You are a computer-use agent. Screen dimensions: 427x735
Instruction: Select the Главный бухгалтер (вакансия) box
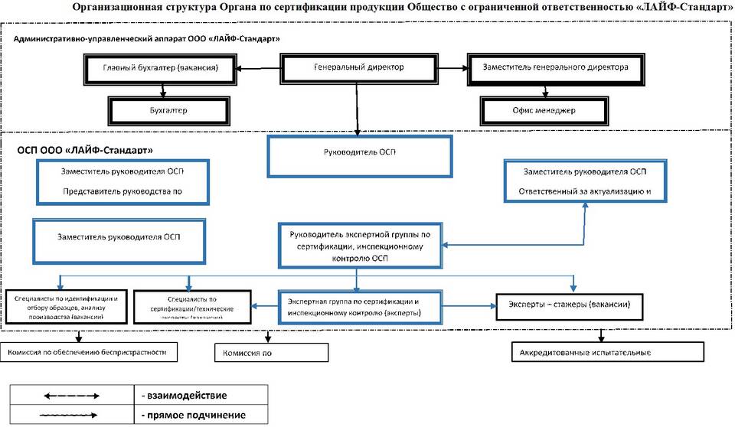(161, 68)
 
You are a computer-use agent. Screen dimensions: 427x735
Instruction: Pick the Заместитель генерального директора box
(555, 68)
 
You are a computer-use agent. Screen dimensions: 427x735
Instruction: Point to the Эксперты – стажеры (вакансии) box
(570, 305)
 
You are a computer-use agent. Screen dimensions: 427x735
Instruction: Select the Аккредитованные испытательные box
(606, 353)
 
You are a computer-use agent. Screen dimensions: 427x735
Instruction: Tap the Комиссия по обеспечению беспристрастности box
(88, 352)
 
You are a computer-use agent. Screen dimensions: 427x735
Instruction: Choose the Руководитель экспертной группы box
(360, 245)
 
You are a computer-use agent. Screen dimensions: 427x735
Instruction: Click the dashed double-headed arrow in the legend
(71, 395)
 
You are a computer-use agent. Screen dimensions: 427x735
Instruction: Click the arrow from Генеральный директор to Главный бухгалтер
(260, 69)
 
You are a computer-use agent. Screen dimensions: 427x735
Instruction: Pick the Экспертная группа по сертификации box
(359, 307)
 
